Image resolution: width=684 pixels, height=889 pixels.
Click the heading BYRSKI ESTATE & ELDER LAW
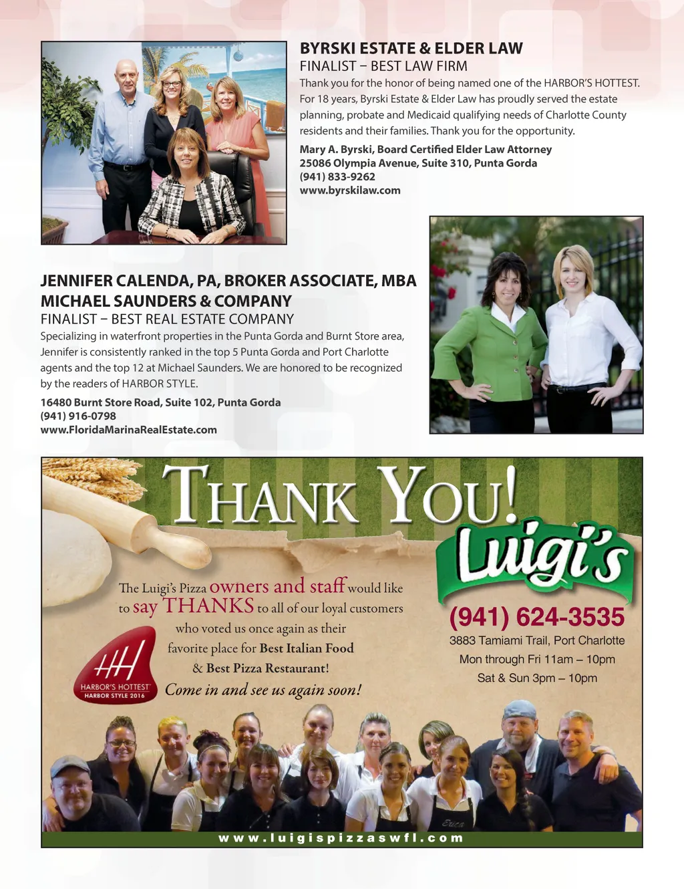click(x=411, y=48)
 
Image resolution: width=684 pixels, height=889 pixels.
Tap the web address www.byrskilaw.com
click(x=350, y=190)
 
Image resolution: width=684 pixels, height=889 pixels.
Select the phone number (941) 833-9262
click(x=337, y=176)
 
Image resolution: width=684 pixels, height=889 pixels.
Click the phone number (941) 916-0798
click(x=78, y=416)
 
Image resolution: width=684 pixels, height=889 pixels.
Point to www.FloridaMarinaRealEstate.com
click(x=128, y=430)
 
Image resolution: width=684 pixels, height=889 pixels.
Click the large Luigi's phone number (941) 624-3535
click(x=536, y=617)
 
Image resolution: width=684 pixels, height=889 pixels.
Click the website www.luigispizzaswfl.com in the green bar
click(x=341, y=838)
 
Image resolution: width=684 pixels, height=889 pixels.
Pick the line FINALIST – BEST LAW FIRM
click(x=383, y=66)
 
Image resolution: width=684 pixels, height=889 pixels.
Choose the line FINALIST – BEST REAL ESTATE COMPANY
click(x=167, y=319)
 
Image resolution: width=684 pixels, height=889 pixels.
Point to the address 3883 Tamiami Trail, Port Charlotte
click(x=536, y=640)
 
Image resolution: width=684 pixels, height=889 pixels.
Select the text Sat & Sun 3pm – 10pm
click(x=536, y=678)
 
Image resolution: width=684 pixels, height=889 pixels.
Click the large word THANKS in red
click(x=208, y=606)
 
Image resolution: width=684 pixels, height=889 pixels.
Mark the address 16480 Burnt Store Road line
click(x=160, y=402)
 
